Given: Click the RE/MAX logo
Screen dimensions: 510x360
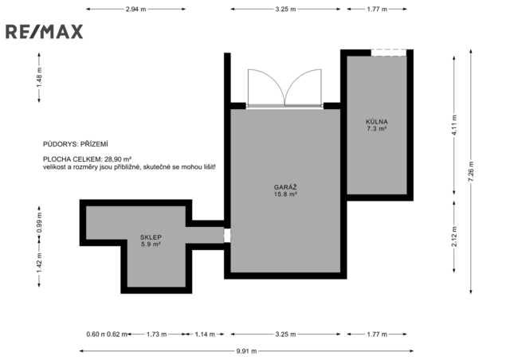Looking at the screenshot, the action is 45,32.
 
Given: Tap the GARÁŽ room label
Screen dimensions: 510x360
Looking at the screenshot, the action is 285,187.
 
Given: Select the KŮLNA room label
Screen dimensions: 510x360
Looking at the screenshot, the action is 377,122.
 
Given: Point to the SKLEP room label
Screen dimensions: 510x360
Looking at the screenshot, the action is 151,237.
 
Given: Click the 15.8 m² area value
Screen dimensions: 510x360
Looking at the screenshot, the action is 285,194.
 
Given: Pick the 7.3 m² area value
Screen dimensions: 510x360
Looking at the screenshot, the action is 377,129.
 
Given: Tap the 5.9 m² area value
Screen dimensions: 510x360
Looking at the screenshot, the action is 151,245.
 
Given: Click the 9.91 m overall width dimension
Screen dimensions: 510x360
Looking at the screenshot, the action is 246,351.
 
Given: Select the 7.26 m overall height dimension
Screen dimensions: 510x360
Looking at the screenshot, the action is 471,171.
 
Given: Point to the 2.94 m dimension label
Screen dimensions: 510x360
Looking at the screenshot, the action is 136,9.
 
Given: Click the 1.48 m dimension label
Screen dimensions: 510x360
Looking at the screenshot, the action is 39,76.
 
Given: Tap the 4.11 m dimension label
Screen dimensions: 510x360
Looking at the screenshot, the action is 454,125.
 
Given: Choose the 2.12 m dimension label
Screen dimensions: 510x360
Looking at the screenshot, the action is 454,237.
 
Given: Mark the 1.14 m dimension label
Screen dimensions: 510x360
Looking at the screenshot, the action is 205,335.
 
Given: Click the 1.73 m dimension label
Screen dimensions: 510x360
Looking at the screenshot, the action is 156,335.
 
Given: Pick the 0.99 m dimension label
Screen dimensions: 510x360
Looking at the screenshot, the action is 39,222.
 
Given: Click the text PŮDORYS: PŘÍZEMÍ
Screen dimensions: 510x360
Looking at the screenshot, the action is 76,144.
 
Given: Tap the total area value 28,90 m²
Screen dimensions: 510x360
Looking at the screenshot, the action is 118,159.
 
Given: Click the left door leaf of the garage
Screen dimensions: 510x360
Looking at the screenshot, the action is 266,87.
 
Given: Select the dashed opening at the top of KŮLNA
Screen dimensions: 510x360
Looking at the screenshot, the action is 389,53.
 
